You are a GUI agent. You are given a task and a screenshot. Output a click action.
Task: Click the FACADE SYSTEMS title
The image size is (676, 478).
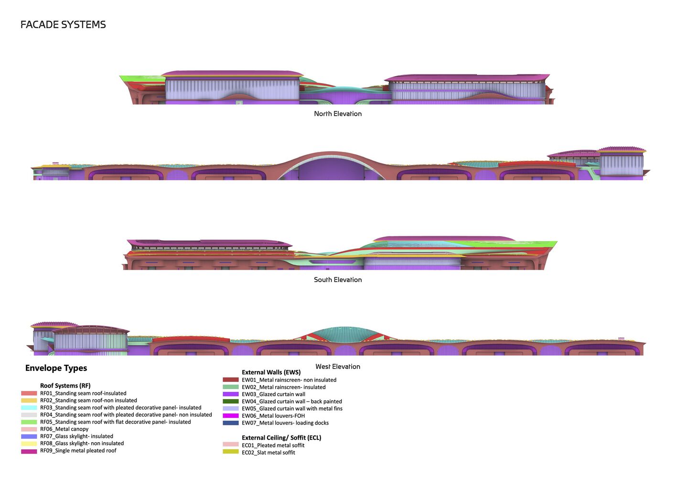63,24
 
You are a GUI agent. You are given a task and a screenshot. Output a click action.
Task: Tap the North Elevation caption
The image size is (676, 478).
338,114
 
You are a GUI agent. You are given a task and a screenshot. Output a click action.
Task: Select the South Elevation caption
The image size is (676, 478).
338,280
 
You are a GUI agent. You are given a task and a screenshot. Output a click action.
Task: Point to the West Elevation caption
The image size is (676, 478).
338,366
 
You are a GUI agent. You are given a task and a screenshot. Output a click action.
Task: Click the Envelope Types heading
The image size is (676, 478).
56,368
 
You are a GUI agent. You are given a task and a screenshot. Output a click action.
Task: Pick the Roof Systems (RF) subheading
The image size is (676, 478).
65,386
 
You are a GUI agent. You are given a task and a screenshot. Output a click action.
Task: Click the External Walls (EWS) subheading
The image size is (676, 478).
271,372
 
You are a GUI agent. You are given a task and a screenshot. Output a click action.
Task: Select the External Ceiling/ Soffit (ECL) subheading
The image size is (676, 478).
281,437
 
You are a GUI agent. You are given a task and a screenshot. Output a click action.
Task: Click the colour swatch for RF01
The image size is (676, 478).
29,393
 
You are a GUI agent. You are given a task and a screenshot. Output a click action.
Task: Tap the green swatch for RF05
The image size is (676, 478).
29,422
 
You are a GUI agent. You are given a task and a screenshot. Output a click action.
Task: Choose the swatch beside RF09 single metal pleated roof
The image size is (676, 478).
29,451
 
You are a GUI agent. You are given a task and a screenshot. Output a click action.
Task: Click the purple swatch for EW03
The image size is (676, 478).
231,394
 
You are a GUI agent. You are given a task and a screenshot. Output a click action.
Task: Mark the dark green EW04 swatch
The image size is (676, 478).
231,402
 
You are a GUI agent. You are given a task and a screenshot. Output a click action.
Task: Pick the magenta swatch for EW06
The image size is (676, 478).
231,416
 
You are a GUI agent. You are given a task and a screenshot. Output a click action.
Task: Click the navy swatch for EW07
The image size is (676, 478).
231,423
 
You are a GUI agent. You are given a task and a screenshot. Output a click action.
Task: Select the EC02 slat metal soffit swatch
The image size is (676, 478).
231,452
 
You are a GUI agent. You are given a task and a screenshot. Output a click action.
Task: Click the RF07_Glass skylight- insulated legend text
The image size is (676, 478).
76,436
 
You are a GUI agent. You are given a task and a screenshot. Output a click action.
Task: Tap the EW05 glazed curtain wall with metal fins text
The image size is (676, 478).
292,409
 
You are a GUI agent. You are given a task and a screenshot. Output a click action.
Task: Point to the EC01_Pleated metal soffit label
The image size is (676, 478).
273,445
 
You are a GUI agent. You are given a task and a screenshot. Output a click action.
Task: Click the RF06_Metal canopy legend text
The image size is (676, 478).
64,429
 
